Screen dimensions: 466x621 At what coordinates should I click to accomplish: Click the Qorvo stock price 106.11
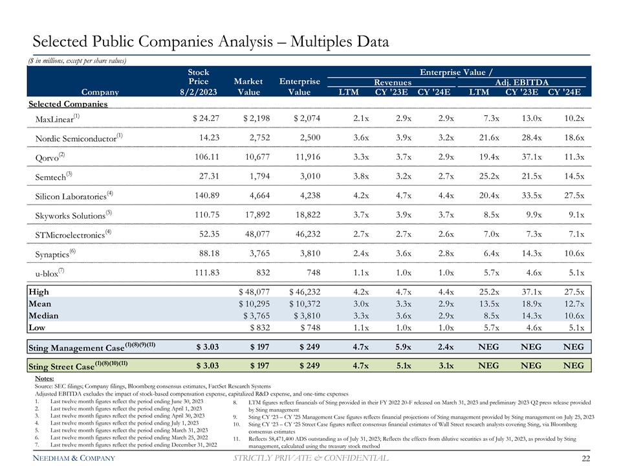[202, 157]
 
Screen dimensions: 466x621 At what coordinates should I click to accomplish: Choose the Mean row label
[40, 304]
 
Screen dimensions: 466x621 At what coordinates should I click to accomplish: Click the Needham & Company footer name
[68, 459]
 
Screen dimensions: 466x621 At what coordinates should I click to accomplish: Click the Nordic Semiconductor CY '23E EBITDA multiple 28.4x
[525, 138]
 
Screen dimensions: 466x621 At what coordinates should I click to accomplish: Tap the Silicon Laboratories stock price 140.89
[202, 195]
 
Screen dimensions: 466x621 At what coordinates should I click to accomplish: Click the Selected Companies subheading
[68, 104]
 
